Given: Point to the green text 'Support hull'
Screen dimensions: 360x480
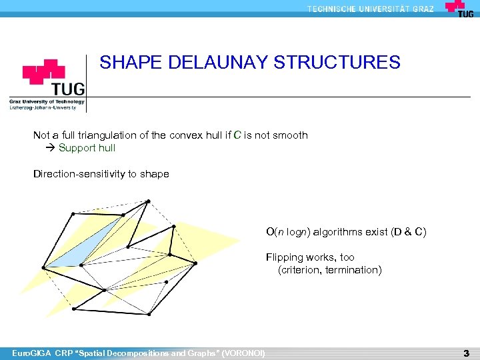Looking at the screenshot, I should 87,148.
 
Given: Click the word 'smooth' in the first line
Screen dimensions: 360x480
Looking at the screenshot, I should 291,135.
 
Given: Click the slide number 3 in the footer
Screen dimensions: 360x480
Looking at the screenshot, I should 467,353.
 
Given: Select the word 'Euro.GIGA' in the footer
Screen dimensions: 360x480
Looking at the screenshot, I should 27,353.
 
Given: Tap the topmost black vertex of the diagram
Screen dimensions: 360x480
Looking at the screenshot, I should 148,201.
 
